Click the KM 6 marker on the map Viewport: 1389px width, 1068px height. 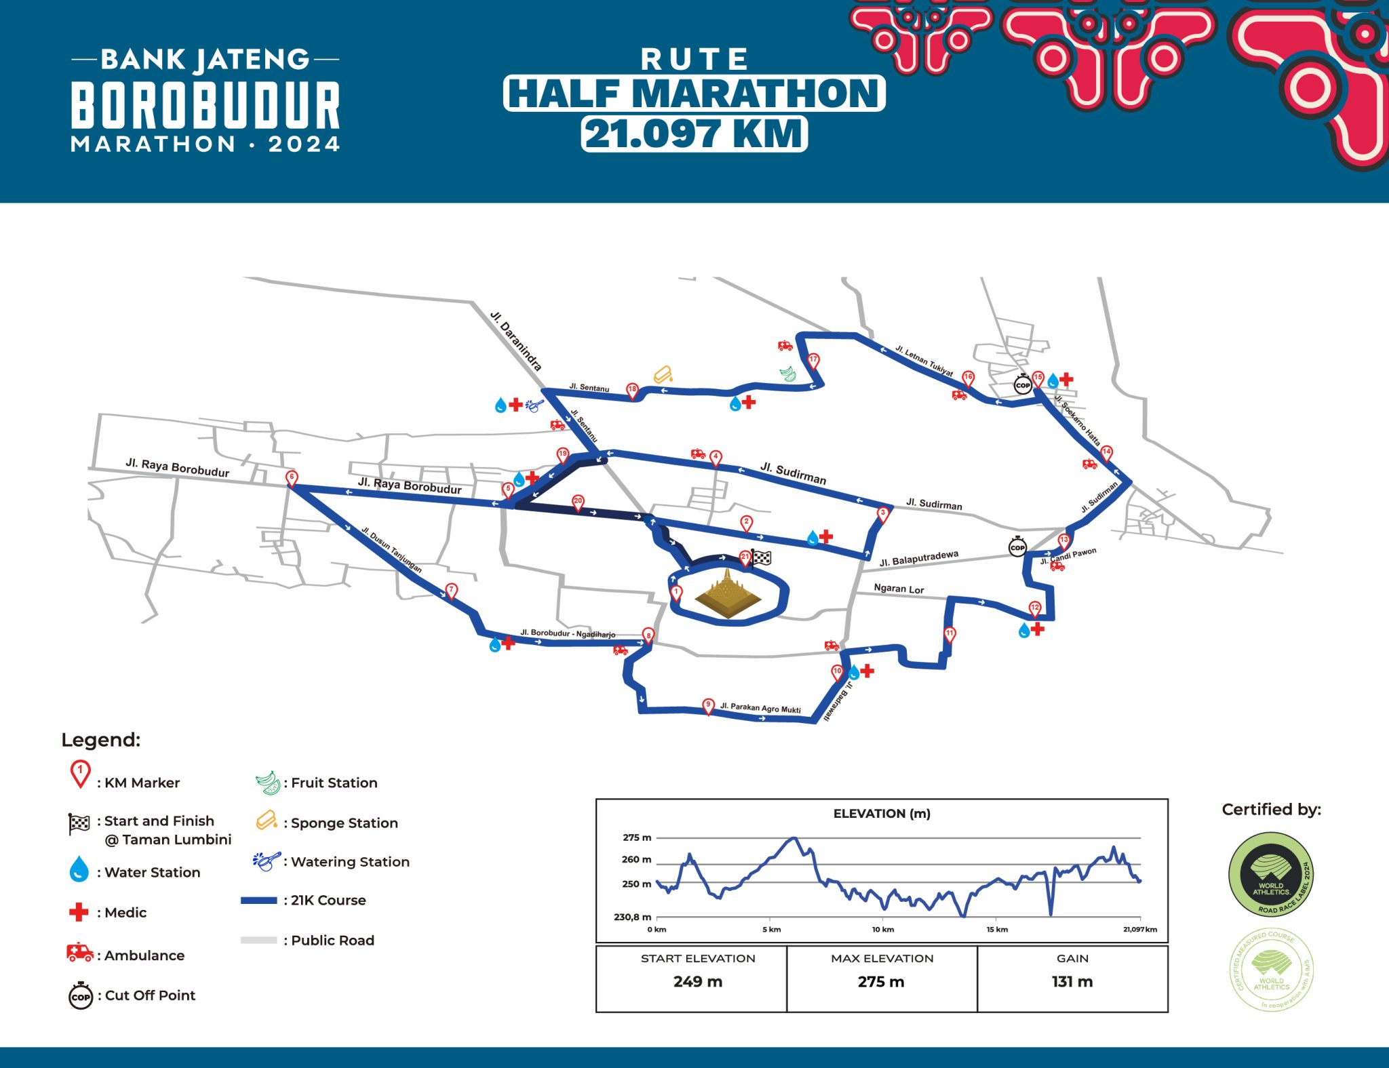pos(292,478)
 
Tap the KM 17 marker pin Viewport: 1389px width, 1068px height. pos(813,361)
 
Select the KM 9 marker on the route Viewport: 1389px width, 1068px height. pos(708,706)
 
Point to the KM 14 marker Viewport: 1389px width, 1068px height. pos(1106,453)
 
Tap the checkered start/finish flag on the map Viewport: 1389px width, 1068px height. pos(762,557)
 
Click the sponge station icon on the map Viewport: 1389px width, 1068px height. pos(663,374)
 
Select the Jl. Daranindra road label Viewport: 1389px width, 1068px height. pos(516,341)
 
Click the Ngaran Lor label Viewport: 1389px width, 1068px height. pos(899,589)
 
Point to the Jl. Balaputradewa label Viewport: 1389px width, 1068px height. pos(919,559)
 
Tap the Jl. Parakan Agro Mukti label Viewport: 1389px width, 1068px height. pos(760,708)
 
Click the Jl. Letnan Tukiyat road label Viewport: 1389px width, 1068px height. pos(924,361)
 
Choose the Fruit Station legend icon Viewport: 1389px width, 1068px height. pos(268,783)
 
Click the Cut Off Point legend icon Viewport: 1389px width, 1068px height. pos(81,995)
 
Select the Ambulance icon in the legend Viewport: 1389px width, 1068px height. pos(80,953)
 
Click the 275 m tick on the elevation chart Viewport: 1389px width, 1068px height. pos(637,837)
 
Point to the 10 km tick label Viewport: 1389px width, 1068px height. pos(883,930)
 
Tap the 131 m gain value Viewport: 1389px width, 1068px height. pos(1072,982)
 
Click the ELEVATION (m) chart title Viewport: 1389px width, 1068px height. pos(882,814)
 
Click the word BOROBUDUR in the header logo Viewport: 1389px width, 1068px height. pos(206,105)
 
